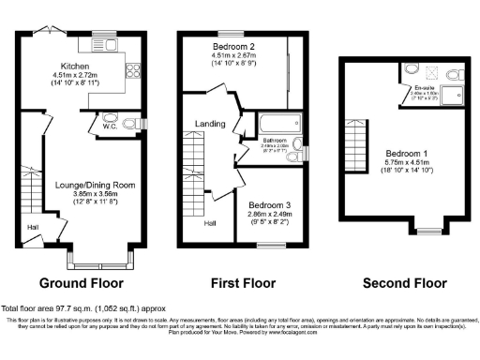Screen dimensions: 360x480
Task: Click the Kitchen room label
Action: pos(75,67)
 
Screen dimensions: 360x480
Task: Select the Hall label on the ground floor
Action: pos(32,226)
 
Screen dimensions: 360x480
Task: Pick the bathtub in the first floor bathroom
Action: pos(278,124)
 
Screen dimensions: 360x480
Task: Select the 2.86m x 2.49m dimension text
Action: pos(269,215)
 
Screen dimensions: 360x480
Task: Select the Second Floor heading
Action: pos(404,282)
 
